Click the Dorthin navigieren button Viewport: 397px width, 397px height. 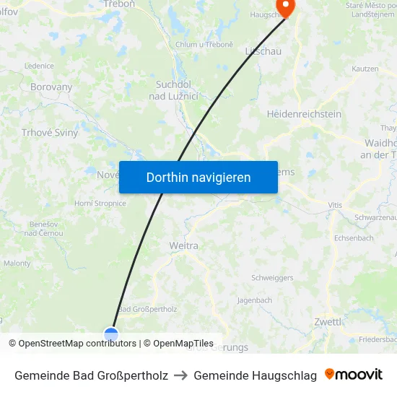point(198,177)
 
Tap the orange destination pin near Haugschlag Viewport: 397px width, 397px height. point(286,7)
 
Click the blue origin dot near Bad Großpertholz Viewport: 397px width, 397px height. point(110,333)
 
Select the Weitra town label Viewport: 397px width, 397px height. point(183,246)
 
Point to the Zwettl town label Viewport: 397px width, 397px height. point(328,322)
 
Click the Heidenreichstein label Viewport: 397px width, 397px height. point(304,114)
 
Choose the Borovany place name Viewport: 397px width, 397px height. point(51,87)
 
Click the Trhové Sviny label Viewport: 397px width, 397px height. point(50,133)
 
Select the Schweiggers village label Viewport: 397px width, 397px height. point(272,278)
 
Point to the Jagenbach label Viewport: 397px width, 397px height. point(254,300)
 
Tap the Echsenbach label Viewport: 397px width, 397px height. point(354,238)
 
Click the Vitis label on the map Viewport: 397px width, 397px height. point(335,206)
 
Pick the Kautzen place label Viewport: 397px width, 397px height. point(365,69)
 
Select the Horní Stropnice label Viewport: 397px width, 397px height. point(100,204)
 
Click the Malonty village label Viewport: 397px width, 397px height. point(17,263)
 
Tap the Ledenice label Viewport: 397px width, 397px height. point(39,66)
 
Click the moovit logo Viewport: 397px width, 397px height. point(354,375)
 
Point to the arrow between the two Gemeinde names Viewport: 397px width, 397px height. point(180,375)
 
